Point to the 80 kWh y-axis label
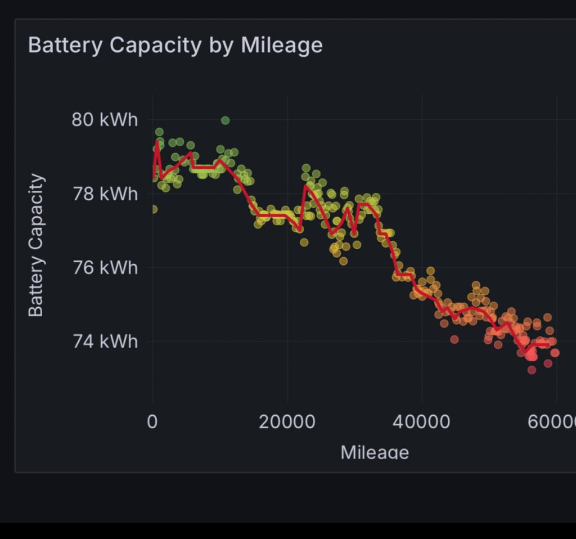tap(105, 120)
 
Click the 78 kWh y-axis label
tap(105, 194)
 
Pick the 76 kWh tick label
tap(105, 267)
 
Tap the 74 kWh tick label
tap(105, 341)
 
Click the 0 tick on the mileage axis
tap(152, 422)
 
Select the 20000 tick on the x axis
tap(287, 422)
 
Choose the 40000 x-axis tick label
tap(422, 422)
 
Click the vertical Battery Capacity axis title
tap(36, 245)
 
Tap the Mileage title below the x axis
tap(375, 452)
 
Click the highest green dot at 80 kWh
tap(225, 120)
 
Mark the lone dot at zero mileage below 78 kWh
tap(153, 209)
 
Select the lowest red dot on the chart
tap(532, 370)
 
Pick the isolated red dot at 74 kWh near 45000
tap(454, 339)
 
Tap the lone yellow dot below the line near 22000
tap(304, 242)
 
